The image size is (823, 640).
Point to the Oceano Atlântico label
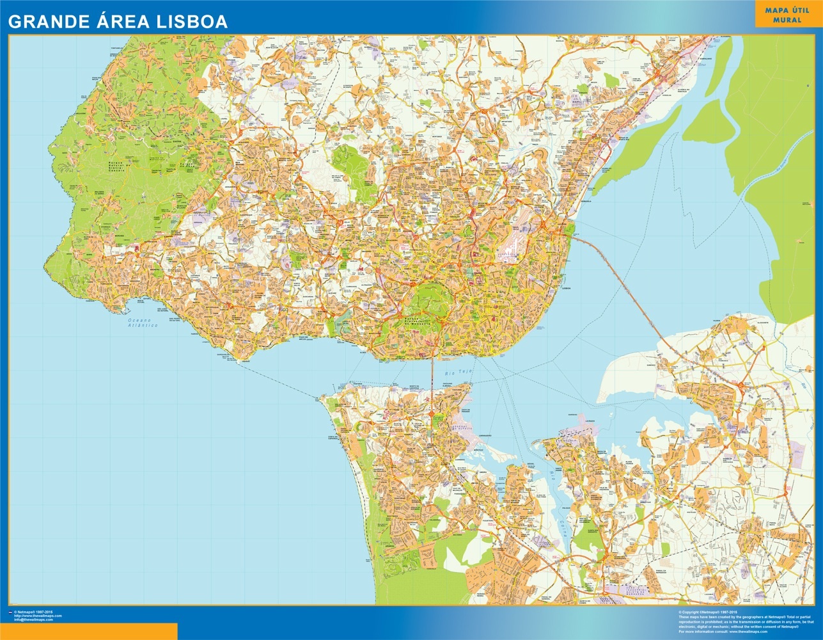[143, 322]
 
